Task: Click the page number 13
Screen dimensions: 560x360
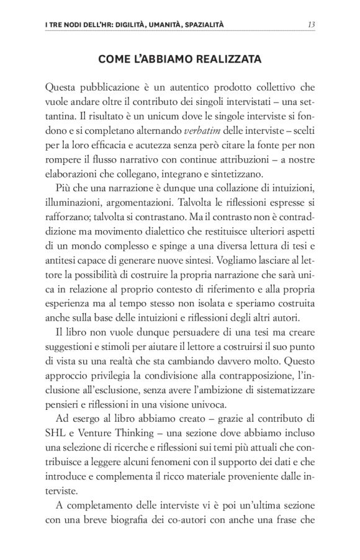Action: point(312,25)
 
